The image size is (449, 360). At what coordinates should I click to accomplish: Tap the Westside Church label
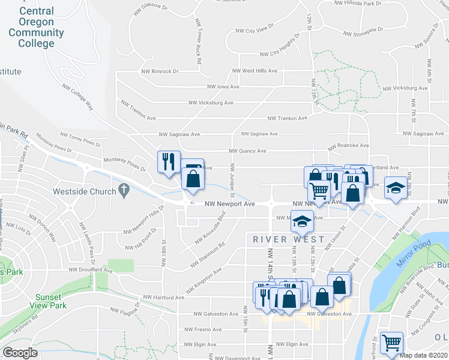point(85,191)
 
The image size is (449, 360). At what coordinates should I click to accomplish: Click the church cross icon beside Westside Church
point(124,191)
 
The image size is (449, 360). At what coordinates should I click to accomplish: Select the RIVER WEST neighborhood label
point(289,239)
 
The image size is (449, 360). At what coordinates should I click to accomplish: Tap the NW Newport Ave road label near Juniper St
point(229,204)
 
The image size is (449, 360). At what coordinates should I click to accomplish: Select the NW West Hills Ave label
point(255,71)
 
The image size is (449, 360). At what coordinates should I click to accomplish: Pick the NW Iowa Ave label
point(223,86)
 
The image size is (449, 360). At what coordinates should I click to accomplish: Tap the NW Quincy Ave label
point(247,151)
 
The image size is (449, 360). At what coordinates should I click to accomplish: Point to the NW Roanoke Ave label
point(348,146)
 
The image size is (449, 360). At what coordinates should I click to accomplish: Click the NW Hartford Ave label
point(163,298)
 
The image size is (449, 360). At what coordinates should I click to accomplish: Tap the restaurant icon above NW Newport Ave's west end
point(167,161)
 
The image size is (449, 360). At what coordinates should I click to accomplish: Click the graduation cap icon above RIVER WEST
point(303,221)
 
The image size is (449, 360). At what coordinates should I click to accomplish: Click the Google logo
point(20,353)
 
